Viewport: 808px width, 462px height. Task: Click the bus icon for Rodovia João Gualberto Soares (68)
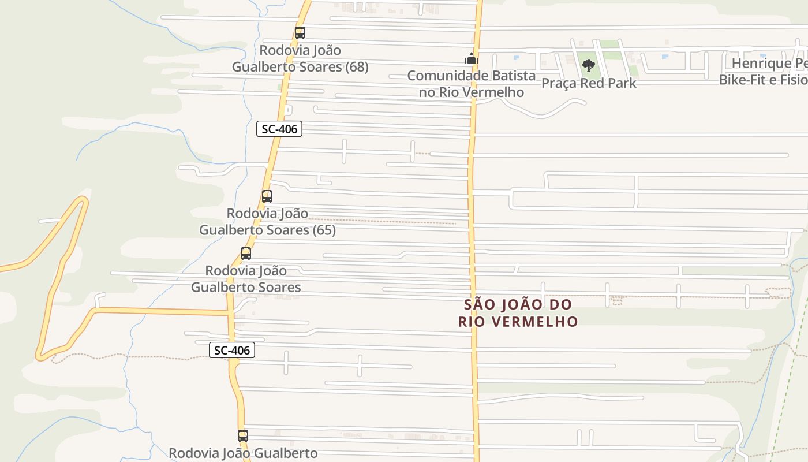pyautogui.click(x=300, y=33)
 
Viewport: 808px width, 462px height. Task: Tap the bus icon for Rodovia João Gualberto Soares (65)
pyautogui.click(x=267, y=196)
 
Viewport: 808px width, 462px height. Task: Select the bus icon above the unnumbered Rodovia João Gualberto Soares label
pyautogui.click(x=246, y=253)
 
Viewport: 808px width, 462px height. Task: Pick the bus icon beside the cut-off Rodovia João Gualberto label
pyautogui.click(x=243, y=435)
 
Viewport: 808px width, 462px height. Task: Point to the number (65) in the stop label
pyautogui.click(x=324, y=230)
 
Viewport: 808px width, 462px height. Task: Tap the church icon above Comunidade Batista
pyautogui.click(x=472, y=58)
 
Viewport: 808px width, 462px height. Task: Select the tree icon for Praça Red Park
pyautogui.click(x=589, y=65)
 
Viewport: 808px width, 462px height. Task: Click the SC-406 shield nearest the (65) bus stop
pyautogui.click(x=279, y=129)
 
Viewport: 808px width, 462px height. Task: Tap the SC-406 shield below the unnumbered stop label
pyautogui.click(x=232, y=350)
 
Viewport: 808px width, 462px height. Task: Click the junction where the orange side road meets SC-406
pyautogui.click(x=230, y=313)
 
